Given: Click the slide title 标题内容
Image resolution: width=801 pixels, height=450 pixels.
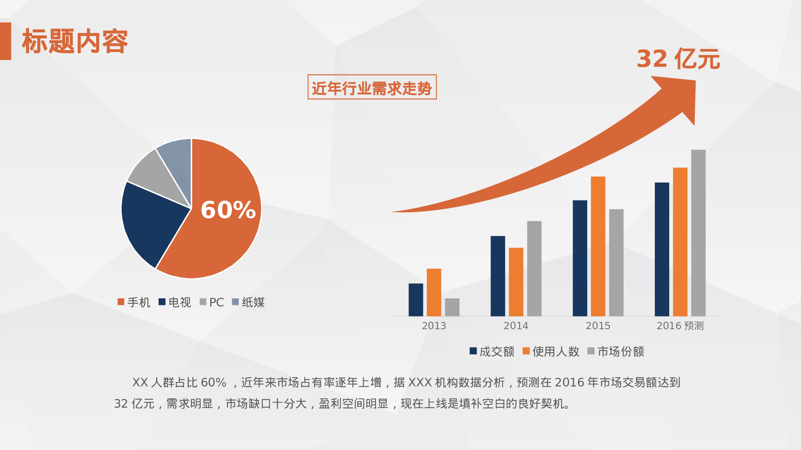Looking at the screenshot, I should click(75, 41).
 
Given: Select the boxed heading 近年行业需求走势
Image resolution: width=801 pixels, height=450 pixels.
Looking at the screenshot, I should click(372, 87).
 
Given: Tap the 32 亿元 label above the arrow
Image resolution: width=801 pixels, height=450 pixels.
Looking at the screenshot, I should click(678, 59).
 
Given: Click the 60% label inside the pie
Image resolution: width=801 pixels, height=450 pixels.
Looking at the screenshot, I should click(228, 210).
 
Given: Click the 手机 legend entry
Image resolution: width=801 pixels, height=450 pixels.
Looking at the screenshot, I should click(134, 302).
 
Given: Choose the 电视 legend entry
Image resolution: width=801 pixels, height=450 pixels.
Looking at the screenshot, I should click(175, 302).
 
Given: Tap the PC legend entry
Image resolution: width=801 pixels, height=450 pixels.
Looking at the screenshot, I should click(212, 302).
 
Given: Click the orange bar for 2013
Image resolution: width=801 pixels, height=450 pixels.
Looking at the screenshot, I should click(434, 292).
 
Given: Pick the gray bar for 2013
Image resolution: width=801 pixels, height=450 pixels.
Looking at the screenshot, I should click(452, 307).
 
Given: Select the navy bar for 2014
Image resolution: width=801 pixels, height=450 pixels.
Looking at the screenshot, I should click(498, 276).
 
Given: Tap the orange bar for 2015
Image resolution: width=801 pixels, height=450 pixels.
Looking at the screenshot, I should click(598, 246).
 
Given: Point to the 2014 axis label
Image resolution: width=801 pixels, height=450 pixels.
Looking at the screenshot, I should click(516, 326).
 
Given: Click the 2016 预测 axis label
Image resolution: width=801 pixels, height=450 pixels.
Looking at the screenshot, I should click(680, 326).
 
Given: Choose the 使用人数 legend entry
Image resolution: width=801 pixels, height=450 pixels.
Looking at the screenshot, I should click(551, 352).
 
